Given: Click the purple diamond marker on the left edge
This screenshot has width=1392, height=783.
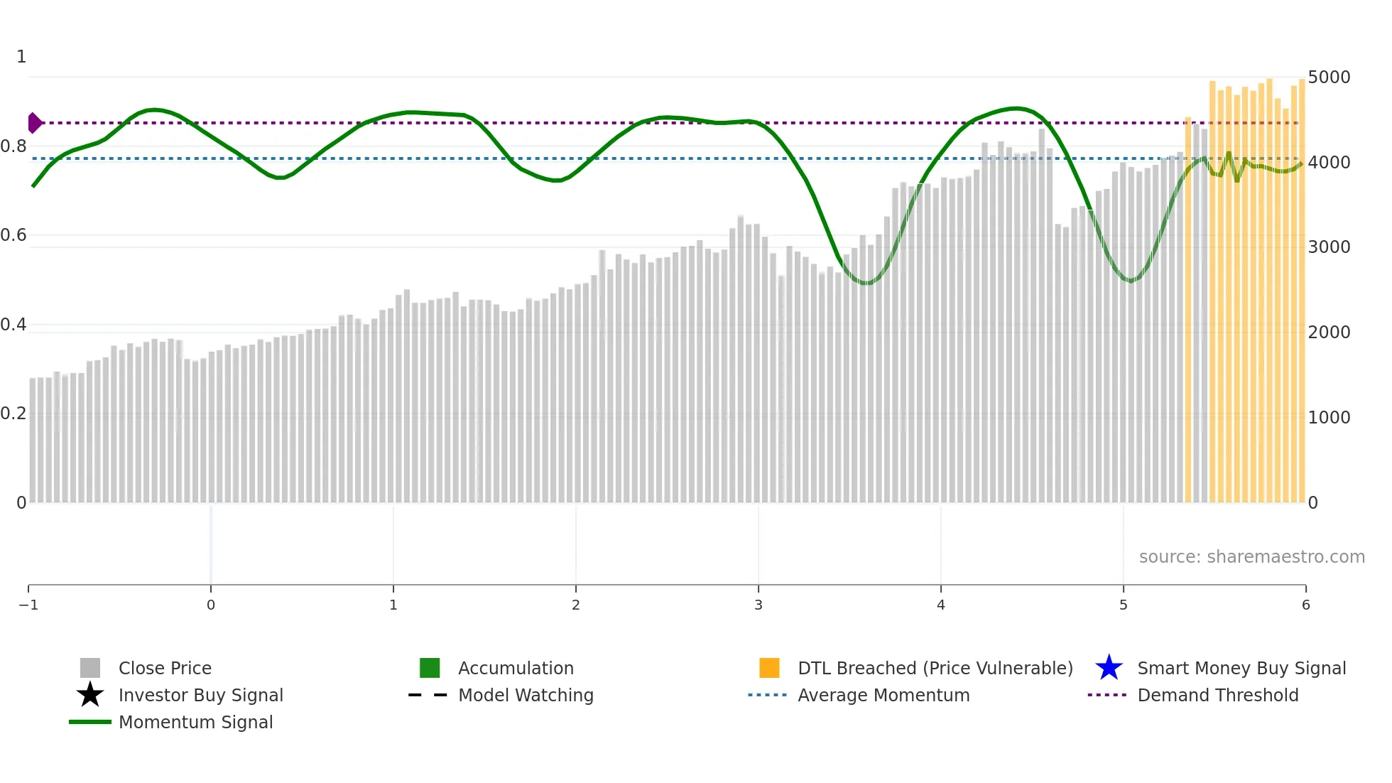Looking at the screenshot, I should click(x=34, y=123).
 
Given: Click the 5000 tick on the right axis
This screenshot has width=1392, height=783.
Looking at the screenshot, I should click(x=1329, y=77).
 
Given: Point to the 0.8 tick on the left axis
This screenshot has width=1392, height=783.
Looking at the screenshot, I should click(x=13, y=146).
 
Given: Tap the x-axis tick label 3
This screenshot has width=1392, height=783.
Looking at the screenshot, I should click(x=758, y=605).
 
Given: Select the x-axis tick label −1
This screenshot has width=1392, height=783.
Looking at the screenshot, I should click(x=28, y=605).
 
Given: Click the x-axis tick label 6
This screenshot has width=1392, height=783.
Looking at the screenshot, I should click(x=1305, y=605).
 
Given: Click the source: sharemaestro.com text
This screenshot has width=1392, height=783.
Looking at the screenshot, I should click(x=1251, y=556).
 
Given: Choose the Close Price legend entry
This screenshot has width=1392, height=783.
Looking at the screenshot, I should click(x=165, y=668).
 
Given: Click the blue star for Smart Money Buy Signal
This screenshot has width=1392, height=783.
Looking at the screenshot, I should click(x=1109, y=668).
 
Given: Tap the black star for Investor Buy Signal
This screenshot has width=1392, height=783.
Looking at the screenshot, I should click(x=90, y=695).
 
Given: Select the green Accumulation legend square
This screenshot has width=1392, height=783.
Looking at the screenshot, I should click(x=430, y=668).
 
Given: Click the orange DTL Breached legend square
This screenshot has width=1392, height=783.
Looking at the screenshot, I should click(x=769, y=668).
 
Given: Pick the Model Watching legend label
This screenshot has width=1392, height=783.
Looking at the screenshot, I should click(x=526, y=695).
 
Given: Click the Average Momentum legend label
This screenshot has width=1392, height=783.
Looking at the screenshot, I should click(x=883, y=695).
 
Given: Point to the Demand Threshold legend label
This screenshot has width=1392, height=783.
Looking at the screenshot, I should click(x=1217, y=695).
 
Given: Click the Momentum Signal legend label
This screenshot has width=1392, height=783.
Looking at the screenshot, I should click(x=195, y=722).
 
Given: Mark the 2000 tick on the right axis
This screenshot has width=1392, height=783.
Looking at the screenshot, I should click(x=1329, y=332).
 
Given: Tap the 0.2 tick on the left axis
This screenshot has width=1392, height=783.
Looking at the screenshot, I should click(x=13, y=414).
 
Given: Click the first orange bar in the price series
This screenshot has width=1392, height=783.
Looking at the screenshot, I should click(x=1188, y=313).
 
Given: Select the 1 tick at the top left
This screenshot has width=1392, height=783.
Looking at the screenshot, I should click(x=21, y=57).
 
